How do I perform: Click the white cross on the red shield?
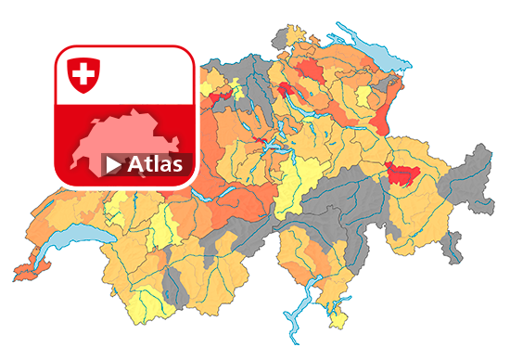point(84,73)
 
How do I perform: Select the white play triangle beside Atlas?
point(113,165)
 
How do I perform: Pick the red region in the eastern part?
point(401,172)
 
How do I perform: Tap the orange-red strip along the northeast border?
point(383,111)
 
